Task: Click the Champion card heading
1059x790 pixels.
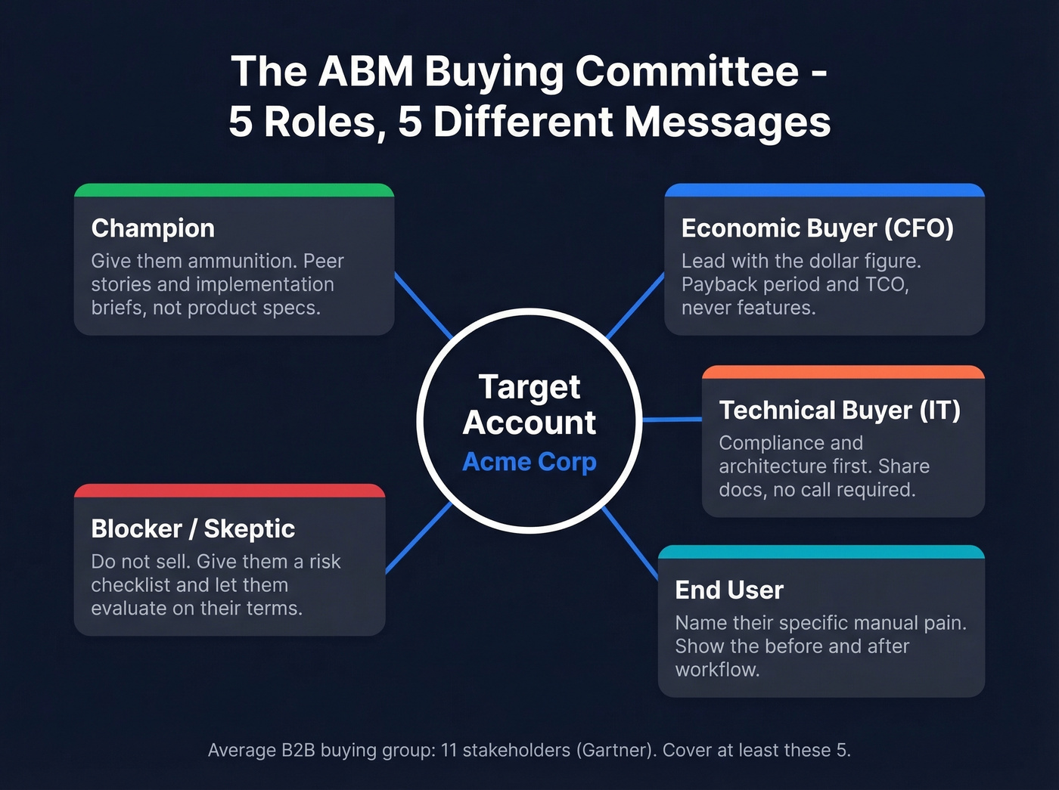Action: tap(153, 228)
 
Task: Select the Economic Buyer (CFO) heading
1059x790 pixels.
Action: tap(817, 228)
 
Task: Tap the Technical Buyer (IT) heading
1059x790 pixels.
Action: tap(840, 410)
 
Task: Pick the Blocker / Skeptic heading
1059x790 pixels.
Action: tap(193, 528)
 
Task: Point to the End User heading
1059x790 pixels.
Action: tap(729, 590)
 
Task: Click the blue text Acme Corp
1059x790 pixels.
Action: tap(529, 461)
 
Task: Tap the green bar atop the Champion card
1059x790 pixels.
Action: tap(234, 191)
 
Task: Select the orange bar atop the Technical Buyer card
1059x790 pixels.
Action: tap(843, 372)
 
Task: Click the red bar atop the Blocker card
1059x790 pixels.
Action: tap(229, 491)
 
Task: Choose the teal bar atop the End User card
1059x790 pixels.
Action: tap(821, 552)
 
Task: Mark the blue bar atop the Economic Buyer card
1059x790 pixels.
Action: tap(825, 191)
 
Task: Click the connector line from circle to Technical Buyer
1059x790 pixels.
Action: tap(672, 419)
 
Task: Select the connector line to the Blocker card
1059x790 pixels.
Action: tap(418, 538)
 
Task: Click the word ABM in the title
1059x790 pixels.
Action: tap(365, 72)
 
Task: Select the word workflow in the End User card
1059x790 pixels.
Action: tap(716, 670)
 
